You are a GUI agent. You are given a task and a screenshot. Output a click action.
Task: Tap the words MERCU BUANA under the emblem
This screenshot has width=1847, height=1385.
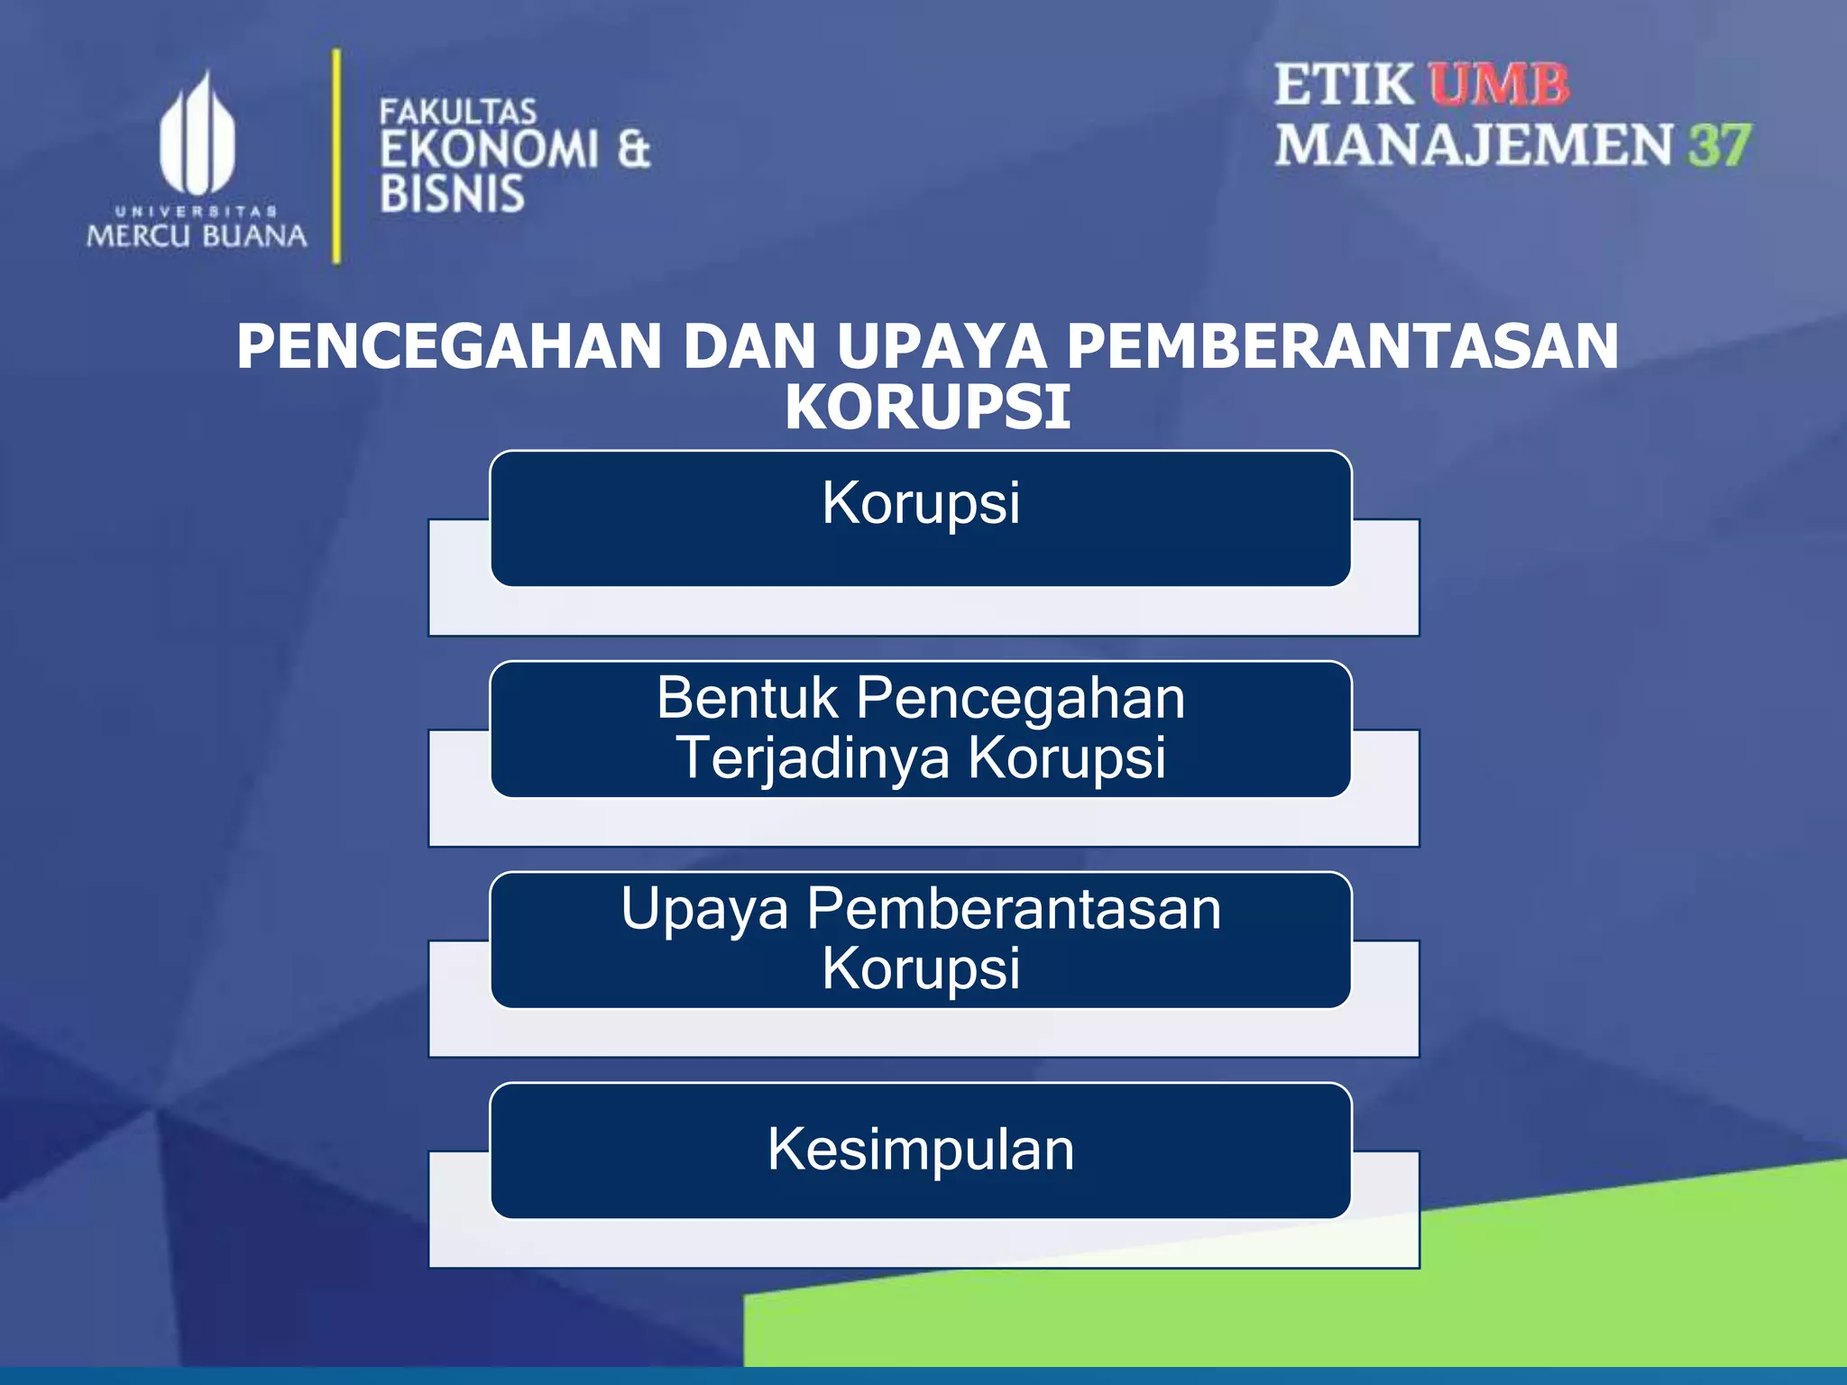[x=197, y=236]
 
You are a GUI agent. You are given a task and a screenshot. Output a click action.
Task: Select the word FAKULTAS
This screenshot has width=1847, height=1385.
[x=457, y=113]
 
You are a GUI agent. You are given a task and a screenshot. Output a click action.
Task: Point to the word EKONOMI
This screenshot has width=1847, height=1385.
[x=489, y=150]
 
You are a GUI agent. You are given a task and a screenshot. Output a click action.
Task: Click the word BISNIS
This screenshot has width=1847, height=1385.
[x=452, y=195]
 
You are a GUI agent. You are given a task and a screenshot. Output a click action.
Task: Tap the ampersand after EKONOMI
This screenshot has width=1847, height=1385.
[x=633, y=150]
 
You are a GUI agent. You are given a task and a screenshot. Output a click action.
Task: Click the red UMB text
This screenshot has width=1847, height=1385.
[x=1498, y=86]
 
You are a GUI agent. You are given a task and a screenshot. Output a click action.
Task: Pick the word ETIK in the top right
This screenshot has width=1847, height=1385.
[x=1344, y=86]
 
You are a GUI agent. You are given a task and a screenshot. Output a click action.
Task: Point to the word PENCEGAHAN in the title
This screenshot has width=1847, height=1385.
[x=449, y=347]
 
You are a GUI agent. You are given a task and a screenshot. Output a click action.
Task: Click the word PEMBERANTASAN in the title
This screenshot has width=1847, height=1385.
[x=1343, y=347]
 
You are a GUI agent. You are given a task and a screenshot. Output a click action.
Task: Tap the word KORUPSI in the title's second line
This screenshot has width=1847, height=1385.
[x=927, y=408]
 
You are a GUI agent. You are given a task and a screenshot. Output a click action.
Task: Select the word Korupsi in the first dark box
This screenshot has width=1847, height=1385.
[x=921, y=502]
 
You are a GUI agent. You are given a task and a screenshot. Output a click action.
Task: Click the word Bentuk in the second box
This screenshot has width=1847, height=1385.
[x=747, y=698]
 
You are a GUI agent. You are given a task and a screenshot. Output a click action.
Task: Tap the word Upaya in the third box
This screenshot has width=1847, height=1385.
[x=704, y=909]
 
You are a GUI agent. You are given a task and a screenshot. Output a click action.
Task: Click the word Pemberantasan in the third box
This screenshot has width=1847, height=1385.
[x=1014, y=909]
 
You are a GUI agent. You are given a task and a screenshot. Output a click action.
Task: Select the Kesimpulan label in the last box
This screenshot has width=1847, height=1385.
[x=921, y=1150]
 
